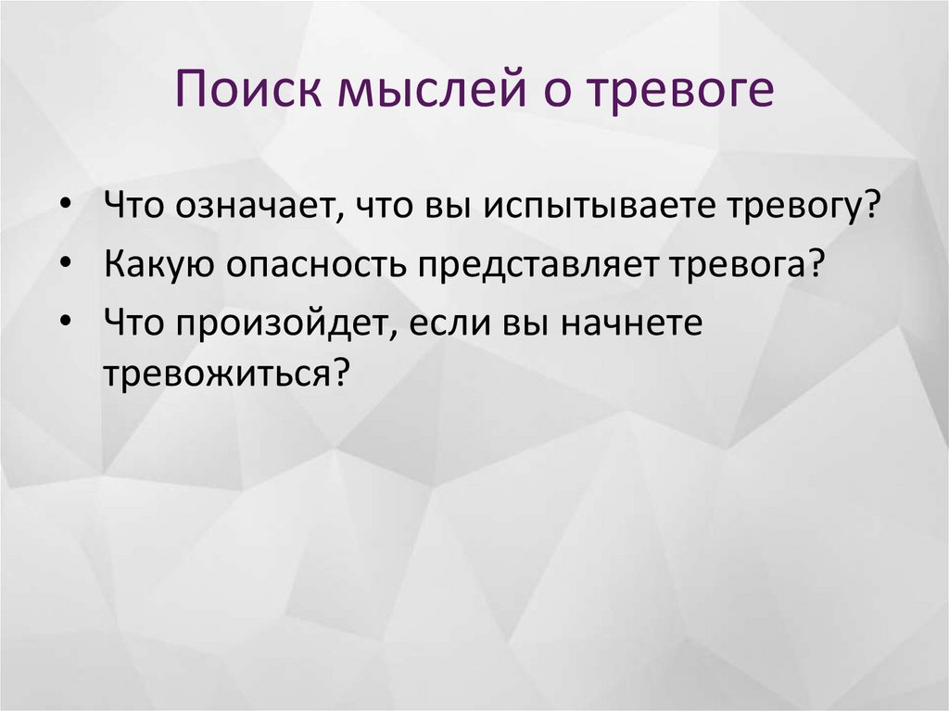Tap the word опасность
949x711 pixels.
tap(311, 266)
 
